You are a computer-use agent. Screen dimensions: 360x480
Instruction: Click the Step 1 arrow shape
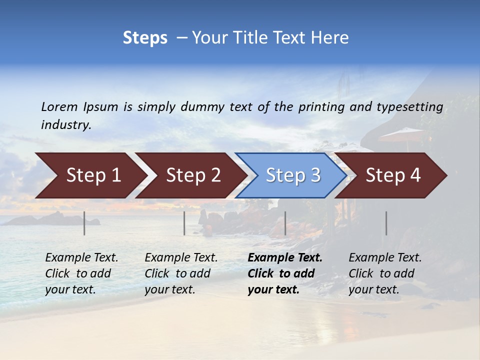coord(90,175)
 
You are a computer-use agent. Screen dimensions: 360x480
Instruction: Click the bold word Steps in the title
coord(145,38)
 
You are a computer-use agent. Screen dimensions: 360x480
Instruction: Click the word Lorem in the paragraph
coord(59,106)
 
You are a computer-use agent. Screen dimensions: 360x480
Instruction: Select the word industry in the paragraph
coord(66,125)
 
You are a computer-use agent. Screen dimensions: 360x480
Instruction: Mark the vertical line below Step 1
coord(84,223)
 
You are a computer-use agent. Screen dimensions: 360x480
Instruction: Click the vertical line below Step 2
coord(184,223)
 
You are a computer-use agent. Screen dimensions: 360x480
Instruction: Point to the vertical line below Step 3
coord(285,223)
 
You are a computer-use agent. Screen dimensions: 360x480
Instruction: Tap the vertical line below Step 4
coord(386,223)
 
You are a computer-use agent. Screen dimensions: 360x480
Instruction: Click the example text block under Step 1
coord(81,273)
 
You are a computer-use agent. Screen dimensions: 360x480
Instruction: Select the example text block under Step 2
coord(180,273)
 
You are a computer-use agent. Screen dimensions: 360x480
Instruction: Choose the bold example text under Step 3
coord(284,273)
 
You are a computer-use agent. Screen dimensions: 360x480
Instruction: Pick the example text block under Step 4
coord(384,273)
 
